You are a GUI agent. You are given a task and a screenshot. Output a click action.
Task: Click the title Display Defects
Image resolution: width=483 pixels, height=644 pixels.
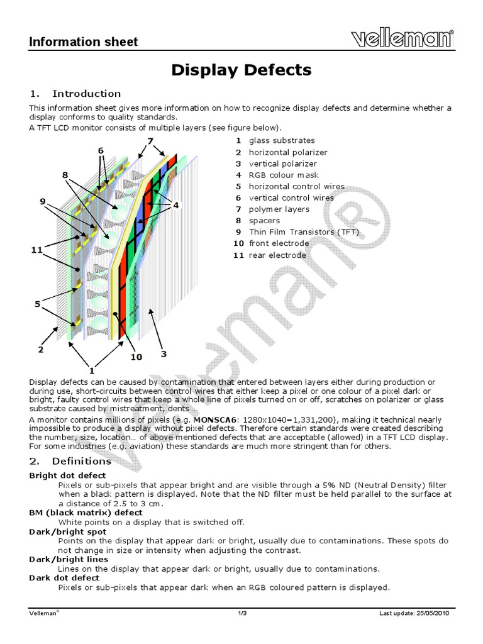pos(241,70)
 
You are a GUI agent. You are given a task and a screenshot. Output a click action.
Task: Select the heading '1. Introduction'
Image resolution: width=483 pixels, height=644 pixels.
pos(75,94)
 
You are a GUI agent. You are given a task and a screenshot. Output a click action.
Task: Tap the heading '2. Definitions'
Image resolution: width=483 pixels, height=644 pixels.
pos(72,461)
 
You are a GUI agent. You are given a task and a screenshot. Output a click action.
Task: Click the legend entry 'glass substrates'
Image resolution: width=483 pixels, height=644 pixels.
pos(281,141)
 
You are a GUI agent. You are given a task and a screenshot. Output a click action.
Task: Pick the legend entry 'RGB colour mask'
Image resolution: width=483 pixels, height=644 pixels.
pos(283,175)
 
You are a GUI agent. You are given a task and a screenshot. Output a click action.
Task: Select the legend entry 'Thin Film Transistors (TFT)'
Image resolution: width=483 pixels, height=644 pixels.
pos(304,232)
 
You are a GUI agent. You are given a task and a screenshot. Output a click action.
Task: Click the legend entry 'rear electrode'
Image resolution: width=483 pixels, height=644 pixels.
pos(277,255)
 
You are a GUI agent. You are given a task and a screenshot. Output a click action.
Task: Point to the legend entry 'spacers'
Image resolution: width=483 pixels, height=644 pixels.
pos(264,221)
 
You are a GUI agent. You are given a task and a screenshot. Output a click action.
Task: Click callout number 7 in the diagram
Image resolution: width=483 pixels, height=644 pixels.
pos(150,140)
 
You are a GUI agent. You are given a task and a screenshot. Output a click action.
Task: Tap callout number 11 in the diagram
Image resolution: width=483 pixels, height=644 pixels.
pos(37,250)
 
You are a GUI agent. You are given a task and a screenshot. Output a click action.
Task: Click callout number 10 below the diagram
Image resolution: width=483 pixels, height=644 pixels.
pos(135,357)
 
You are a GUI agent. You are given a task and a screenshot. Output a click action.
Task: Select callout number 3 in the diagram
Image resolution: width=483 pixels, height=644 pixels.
pos(164,354)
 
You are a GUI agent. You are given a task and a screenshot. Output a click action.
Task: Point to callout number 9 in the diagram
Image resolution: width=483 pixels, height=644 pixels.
pos(43,201)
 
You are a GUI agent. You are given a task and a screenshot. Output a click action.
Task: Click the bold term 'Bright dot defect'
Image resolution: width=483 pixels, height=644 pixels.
pos(67,475)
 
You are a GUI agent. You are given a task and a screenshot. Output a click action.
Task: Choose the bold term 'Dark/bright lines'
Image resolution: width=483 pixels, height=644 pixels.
pos(69,559)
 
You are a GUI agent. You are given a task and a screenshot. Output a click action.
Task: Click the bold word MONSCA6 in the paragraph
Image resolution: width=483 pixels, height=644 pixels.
pos(217,419)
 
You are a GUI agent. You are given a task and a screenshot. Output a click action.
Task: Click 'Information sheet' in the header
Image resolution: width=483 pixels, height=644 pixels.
pos(84,42)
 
